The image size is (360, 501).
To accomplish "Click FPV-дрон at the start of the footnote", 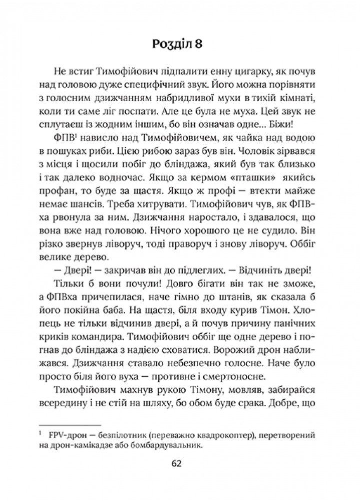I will coord(65,435).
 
